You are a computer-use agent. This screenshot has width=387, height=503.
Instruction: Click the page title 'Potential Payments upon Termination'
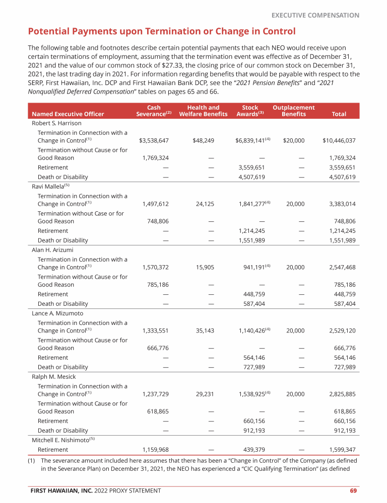(161, 32)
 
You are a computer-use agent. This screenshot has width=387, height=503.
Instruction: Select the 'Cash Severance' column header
(154, 111)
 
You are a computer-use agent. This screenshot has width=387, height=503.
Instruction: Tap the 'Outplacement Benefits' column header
(293, 111)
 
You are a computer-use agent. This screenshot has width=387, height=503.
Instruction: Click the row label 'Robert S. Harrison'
(56, 123)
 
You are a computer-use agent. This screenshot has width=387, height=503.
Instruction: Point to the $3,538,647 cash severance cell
(154, 141)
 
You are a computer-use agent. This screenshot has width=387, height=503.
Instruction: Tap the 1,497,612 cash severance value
(156, 204)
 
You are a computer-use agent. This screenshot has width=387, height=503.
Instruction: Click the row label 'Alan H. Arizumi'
(52, 249)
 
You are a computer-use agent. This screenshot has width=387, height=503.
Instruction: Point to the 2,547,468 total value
(342, 268)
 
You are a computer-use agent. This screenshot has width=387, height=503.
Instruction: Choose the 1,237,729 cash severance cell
(156, 394)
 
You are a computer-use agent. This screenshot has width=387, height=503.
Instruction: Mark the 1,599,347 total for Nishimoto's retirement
(342, 450)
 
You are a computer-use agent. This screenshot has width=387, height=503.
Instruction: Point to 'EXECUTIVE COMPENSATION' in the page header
(315, 15)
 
